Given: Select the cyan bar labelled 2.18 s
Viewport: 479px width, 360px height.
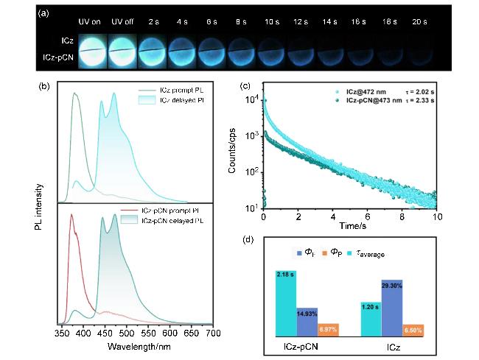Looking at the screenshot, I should [x=284, y=303].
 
